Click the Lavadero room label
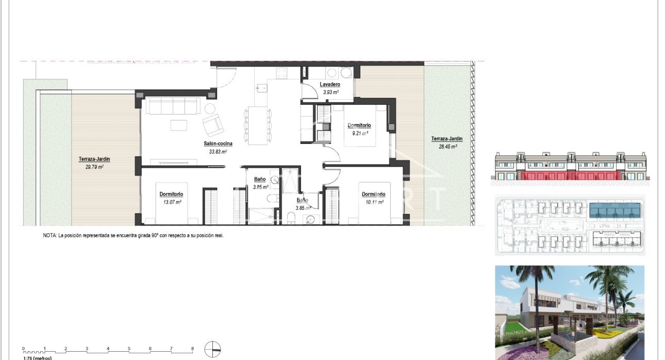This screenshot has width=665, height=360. tap(329, 84)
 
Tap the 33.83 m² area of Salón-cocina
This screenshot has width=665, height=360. tap(218, 152)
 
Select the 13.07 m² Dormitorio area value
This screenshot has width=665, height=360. tap(171, 202)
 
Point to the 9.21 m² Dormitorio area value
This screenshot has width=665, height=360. tap(360, 133)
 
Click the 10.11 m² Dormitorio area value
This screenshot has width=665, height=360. tap(373, 202)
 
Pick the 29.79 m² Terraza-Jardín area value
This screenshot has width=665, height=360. tap(94, 167)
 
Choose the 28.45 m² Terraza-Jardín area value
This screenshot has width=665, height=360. tap(447, 146)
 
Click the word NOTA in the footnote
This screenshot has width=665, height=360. tap(49, 235)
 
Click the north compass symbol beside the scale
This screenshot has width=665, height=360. tap(212, 350)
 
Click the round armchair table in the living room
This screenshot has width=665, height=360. tap(210, 109)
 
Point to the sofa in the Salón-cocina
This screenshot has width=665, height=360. tap(172, 106)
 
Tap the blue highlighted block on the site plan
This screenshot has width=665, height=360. tap(616, 210)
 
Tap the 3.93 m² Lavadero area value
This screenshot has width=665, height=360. tap(330, 92)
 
